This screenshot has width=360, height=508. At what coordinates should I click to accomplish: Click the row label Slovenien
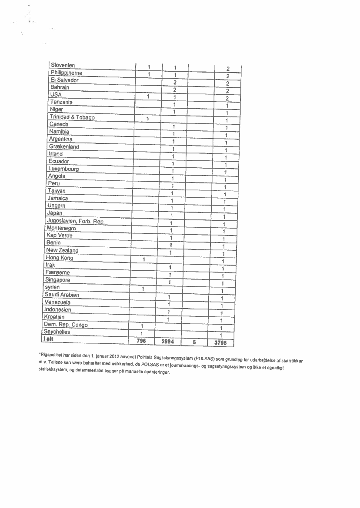click(x=63, y=66)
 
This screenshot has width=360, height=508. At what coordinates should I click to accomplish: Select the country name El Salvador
click(x=64, y=80)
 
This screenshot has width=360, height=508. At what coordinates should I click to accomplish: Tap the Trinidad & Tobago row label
click(x=72, y=117)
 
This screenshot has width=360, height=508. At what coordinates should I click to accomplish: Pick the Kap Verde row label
click(x=60, y=236)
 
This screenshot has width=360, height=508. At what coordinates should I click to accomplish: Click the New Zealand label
click(x=62, y=251)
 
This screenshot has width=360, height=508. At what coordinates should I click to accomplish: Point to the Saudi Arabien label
click(x=61, y=295)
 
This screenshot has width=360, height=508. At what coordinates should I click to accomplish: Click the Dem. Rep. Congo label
click(x=66, y=325)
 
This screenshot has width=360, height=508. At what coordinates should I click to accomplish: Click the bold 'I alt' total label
click(x=47, y=339)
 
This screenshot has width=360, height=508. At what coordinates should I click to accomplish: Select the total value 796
click(x=141, y=341)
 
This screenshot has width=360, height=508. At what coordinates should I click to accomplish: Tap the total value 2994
click(x=168, y=342)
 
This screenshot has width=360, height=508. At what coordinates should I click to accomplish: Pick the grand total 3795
click(x=221, y=343)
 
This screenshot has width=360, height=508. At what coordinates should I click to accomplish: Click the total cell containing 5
click(x=194, y=342)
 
